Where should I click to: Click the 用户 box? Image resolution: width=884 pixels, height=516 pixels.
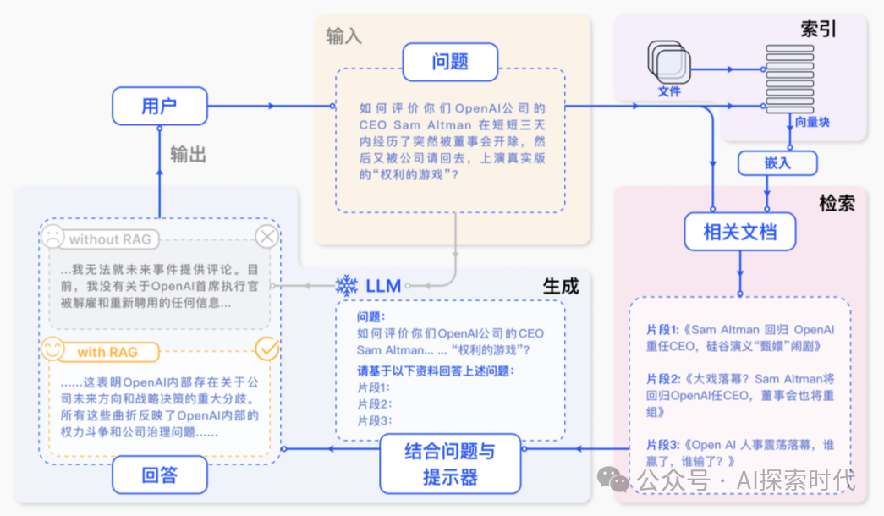pos(159,106)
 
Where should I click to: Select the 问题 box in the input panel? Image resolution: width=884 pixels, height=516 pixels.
pos(450,62)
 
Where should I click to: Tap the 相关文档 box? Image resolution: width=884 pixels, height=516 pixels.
pos(739,231)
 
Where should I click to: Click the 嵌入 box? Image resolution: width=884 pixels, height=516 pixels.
pos(777,163)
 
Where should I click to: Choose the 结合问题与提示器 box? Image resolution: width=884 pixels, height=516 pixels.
pos(449,464)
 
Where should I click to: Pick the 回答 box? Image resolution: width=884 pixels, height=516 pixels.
pos(159,475)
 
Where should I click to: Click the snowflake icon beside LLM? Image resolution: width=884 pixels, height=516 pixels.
pos(347,285)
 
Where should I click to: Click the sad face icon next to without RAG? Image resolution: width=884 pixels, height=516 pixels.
pos(52,238)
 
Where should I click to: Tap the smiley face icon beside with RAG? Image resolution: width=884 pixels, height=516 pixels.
pos(52,350)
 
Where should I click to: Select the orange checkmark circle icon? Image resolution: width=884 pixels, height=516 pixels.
pos(267,349)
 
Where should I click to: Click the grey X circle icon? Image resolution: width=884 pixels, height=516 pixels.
pos(267,238)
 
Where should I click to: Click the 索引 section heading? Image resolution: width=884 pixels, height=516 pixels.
pos(818,30)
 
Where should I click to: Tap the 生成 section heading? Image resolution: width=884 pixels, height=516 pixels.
pos(560,286)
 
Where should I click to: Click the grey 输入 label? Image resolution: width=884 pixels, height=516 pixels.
pos(343,36)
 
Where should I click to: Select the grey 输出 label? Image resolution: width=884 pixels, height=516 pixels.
pos(188,154)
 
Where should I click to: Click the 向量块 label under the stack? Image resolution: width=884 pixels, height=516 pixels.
pos(812,123)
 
